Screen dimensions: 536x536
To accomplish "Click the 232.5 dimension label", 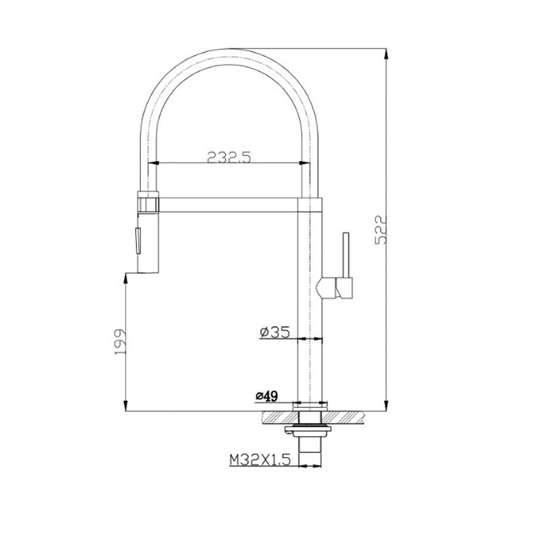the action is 229,158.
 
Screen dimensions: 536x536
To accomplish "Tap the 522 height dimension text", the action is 381,229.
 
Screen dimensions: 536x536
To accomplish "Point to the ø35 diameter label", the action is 275,332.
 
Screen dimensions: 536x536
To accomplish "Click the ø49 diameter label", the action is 267,396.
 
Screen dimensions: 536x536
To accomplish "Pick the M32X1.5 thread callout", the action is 260,460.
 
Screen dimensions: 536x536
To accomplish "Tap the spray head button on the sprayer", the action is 138,241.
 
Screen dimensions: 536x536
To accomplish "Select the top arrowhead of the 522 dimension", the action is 387,54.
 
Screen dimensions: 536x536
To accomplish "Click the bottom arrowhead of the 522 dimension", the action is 387,405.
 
